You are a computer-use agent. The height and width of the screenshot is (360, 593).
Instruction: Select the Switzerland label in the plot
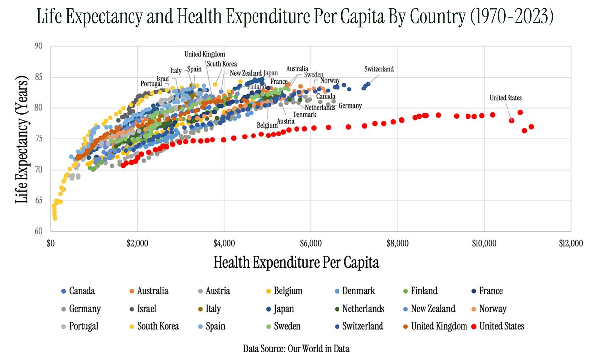pyautogui.click(x=379, y=69)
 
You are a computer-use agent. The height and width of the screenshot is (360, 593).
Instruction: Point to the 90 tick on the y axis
pyautogui.click(x=39, y=46)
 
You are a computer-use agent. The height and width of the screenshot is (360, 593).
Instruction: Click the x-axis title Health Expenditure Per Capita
pyautogui.click(x=296, y=263)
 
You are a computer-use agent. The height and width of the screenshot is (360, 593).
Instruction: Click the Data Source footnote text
pyautogui.click(x=296, y=349)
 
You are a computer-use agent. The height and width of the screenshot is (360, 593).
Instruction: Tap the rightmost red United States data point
pyautogui.click(x=531, y=127)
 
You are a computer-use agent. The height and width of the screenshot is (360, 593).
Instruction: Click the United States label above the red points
pyautogui.click(x=506, y=98)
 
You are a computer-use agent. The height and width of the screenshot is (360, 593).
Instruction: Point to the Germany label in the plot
pyautogui.click(x=350, y=106)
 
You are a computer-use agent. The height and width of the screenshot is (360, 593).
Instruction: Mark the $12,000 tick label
pyautogui.click(x=570, y=243)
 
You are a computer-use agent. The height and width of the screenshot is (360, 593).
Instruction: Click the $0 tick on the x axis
pyautogui.click(x=50, y=243)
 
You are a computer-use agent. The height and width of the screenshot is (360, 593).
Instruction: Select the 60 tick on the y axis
pyautogui.click(x=39, y=231)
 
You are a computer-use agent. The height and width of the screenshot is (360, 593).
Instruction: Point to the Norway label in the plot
pyautogui.click(x=330, y=80)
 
